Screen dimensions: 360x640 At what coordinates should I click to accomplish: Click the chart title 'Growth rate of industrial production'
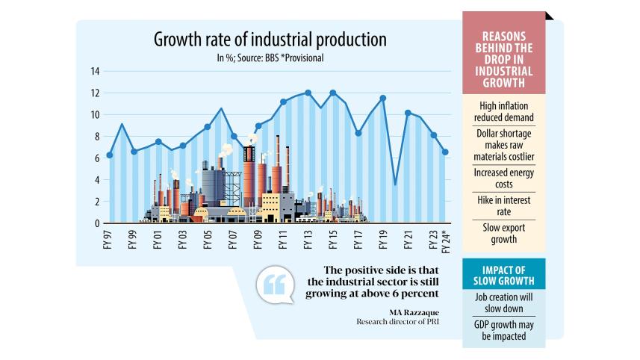270,40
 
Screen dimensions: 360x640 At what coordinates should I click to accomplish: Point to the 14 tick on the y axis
95,72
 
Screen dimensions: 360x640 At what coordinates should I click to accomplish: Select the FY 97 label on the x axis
108,240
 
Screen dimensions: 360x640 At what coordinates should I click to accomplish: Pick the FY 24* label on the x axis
446,242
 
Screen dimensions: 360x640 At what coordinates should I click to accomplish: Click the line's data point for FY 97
109,155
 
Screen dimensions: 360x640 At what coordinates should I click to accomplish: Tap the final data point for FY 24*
446,152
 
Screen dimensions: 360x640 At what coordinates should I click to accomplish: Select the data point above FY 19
383,98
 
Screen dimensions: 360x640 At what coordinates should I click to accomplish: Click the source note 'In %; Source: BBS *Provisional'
270,58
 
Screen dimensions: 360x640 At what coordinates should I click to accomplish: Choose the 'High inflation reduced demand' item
504,111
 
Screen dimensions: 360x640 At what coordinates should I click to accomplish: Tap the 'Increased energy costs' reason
504,177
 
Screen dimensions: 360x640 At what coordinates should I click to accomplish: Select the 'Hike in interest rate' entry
504,206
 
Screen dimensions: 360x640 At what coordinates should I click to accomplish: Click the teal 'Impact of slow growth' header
504,274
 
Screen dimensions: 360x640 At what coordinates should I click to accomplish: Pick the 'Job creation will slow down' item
504,302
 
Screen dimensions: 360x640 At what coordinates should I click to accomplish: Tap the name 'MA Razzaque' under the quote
416,311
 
